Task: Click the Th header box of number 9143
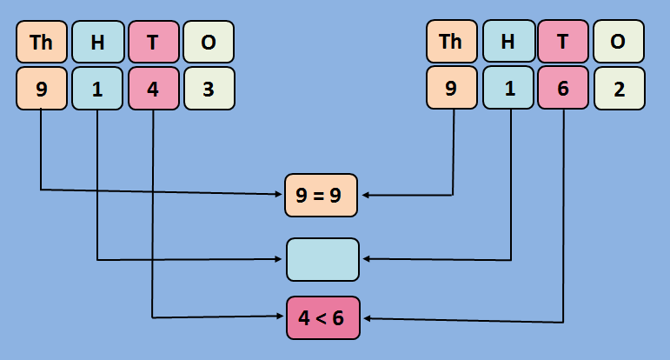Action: (42, 42)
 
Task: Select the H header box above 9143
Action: (97, 42)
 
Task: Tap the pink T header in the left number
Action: (153, 42)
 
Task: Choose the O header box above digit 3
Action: (209, 42)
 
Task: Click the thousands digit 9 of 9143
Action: (42, 89)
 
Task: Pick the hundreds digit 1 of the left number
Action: (97, 89)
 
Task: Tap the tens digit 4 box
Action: (153, 89)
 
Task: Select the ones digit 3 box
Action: (209, 89)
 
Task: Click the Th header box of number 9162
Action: (452, 42)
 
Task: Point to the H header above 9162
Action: (508, 42)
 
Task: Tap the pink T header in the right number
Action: (564, 42)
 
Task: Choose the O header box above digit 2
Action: (619, 42)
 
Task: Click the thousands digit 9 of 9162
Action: (452, 89)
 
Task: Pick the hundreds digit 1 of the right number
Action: (508, 89)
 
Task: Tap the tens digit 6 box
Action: (564, 89)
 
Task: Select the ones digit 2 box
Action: (619, 89)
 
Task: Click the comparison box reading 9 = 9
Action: (322, 196)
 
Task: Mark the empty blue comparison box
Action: (322, 259)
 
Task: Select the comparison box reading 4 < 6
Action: (322, 317)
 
